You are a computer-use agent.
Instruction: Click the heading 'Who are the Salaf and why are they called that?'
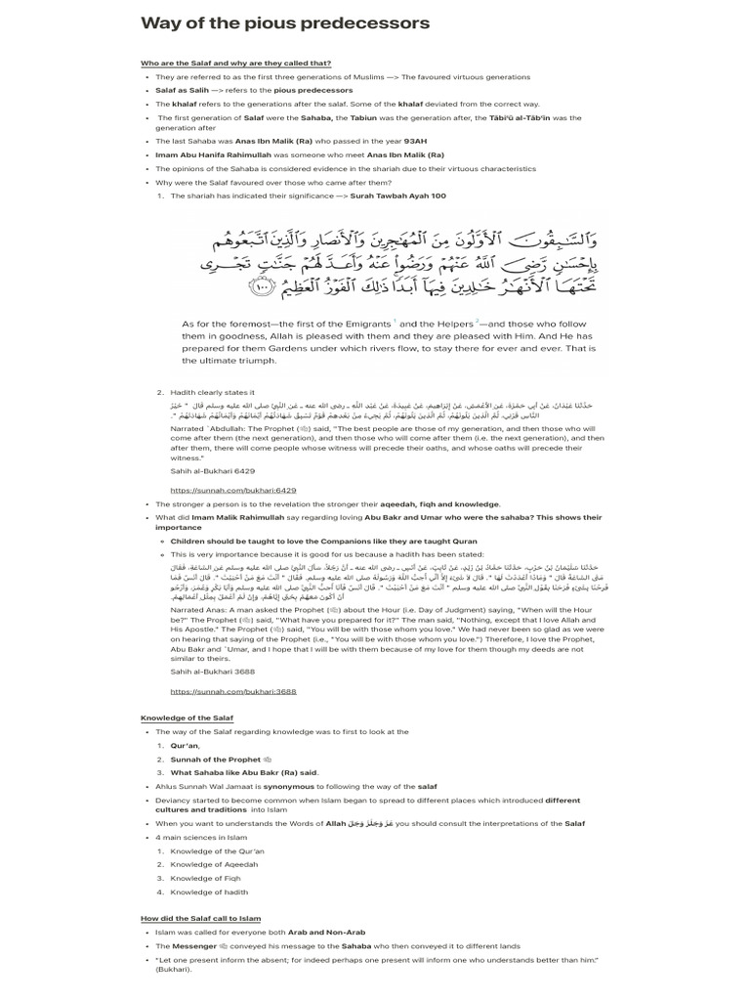click(235, 64)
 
